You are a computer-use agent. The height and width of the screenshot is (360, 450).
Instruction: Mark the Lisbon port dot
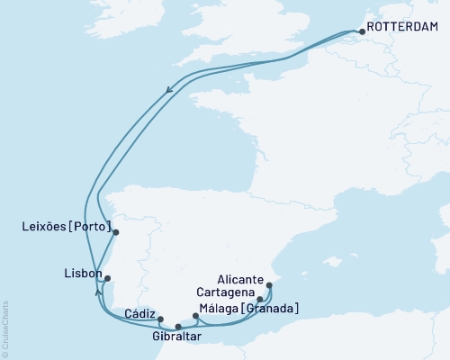(107, 278)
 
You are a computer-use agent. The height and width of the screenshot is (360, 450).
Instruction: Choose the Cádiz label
(140, 313)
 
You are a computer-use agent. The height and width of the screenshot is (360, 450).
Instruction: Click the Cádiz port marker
(160, 319)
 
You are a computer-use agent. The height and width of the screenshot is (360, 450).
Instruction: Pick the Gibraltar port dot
(177, 327)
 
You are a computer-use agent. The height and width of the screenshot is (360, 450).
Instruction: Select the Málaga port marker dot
(196, 316)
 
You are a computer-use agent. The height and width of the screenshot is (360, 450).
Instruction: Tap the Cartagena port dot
(259, 300)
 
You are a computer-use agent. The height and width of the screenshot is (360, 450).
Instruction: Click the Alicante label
(240, 279)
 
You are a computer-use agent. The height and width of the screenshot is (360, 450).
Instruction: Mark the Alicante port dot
(270, 285)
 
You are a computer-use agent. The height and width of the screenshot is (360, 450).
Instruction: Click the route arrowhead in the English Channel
(169, 88)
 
